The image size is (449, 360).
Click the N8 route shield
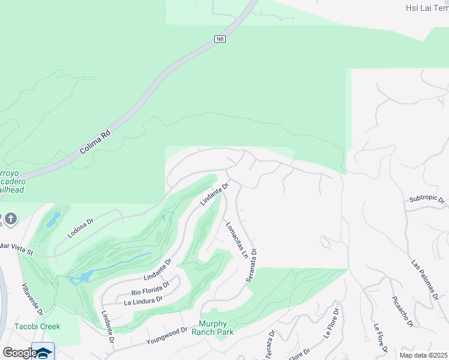(220, 40)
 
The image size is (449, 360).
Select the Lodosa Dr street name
(80, 228)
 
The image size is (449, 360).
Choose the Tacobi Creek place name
(38, 326)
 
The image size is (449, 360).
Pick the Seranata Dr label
(252, 266)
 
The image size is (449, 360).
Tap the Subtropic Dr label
(426, 199)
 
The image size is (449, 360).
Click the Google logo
(20, 352)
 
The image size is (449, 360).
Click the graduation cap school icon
(43, 353)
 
